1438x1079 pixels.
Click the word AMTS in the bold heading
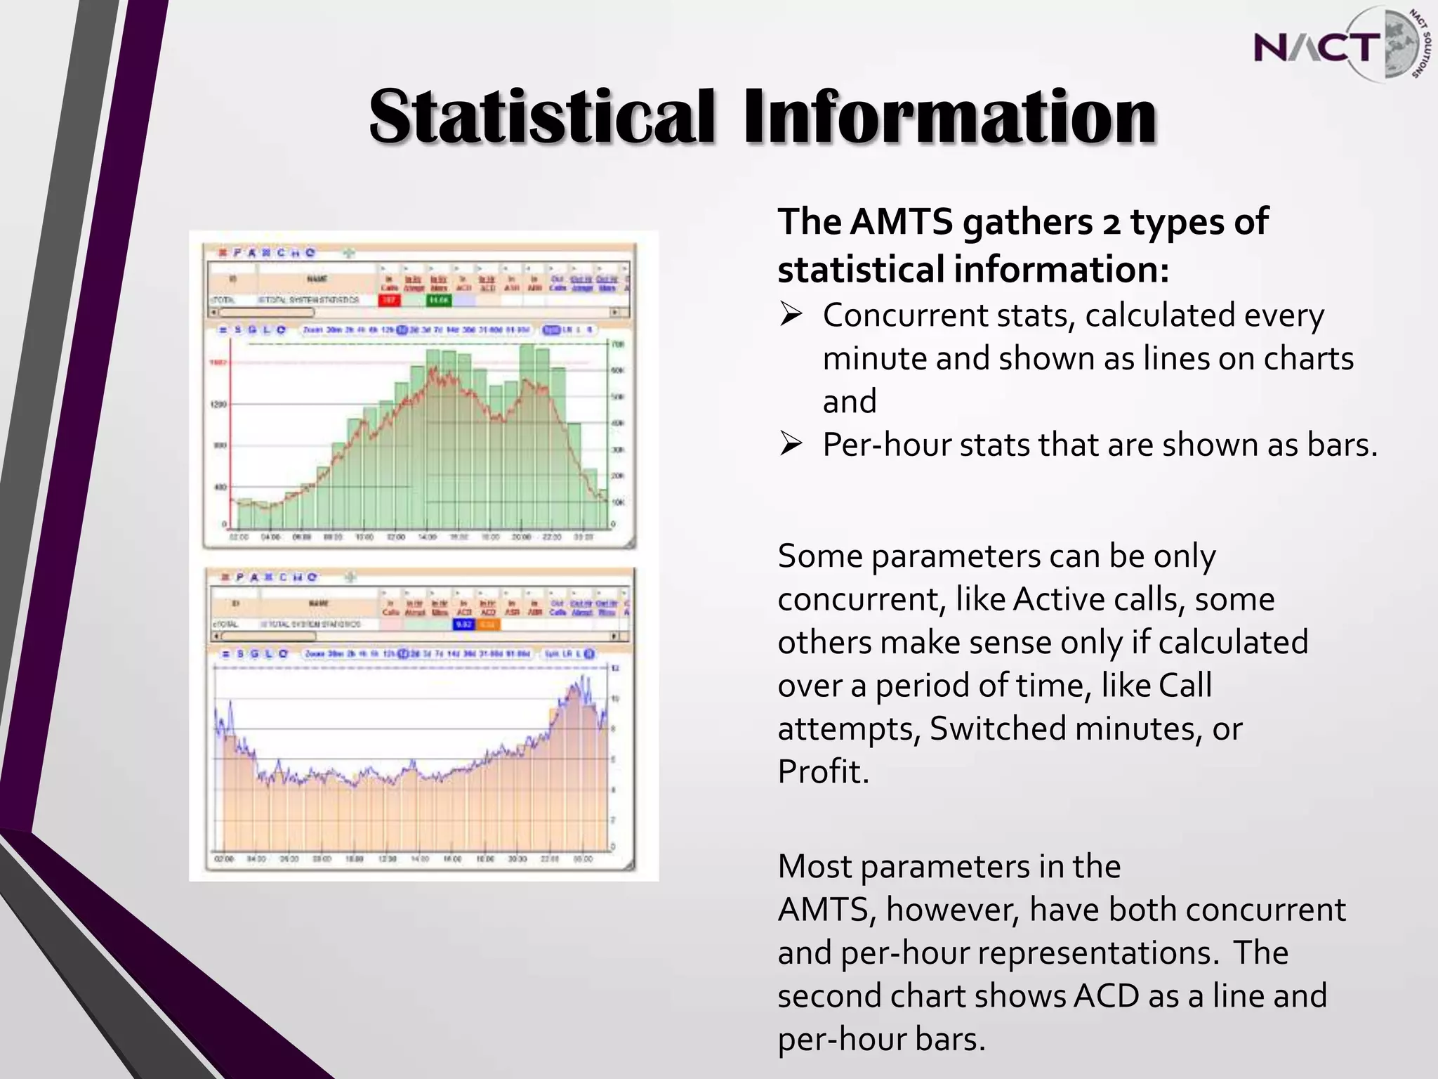click(902, 222)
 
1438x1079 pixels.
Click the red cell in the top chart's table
click(390, 301)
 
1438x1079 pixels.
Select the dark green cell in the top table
click(439, 301)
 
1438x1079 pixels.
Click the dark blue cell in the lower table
click(463, 624)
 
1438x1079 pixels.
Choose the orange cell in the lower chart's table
click(489, 624)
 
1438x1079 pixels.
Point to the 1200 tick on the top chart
click(218, 405)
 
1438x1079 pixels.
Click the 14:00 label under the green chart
click(427, 537)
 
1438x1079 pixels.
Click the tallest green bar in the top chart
click(527, 436)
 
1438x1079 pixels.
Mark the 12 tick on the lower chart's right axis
click(616, 668)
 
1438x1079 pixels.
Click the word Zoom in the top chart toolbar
click(312, 329)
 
